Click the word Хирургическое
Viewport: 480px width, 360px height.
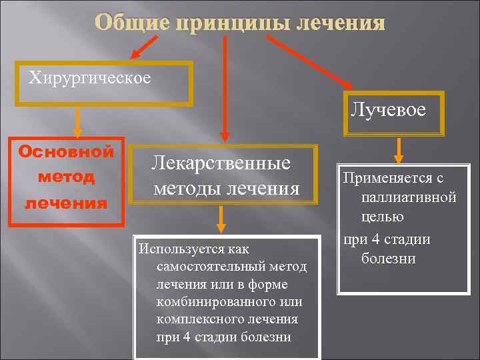point(89,78)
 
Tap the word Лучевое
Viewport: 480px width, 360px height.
point(388,109)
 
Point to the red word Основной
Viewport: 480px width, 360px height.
point(66,152)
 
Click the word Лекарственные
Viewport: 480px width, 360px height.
point(221,163)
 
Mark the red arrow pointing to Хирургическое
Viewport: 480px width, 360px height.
point(142,48)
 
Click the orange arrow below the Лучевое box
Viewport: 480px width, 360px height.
point(399,149)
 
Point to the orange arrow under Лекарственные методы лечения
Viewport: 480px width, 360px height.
point(221,218)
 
